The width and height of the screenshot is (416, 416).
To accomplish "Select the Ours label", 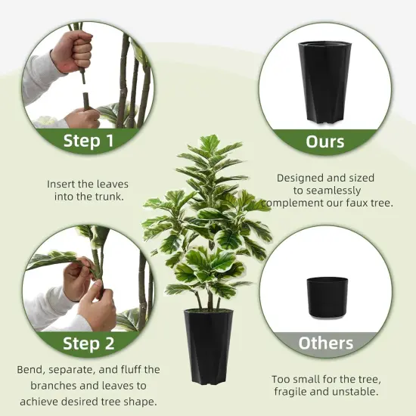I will click(325, 141).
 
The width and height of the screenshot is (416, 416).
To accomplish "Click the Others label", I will click(325, 343).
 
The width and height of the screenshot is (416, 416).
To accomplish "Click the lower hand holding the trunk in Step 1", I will click(82, 118).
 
